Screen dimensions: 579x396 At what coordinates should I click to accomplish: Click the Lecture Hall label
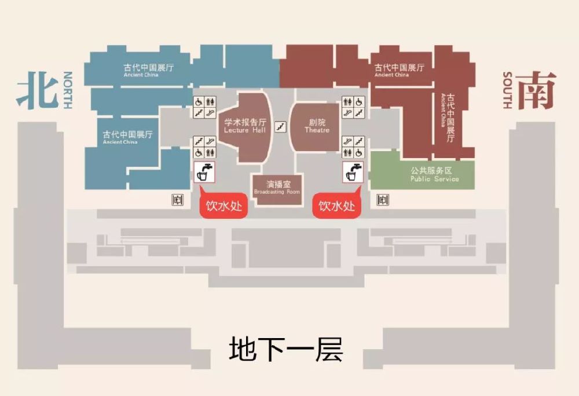pos(245,126)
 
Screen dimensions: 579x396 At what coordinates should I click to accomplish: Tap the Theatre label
pos(317,126)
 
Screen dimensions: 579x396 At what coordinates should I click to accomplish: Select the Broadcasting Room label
pos(277,188)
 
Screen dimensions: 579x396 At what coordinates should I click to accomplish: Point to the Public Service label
pos(434,175)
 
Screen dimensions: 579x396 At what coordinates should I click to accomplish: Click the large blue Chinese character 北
pos(37,90)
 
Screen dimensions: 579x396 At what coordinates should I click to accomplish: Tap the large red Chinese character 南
pos(536,90)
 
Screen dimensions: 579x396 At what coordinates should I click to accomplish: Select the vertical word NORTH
pos(68,90)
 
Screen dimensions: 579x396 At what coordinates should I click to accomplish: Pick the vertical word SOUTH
pos(507,90)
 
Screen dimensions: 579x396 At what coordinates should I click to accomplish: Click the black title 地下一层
pos(286,349)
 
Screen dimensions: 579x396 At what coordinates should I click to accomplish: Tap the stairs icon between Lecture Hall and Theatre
pos(281,127)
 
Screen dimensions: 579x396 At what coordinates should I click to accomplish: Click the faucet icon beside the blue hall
pos(204,172)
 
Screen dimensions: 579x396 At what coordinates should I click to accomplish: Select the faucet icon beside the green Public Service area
pos(353,172)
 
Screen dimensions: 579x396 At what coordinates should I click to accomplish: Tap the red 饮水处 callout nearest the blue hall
pos(223,204)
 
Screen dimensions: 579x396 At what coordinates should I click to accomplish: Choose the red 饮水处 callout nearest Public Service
pos(336,204)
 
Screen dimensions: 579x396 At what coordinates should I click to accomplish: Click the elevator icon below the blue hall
pos(178,200)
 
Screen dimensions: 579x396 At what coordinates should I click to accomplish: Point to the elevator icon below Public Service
pos(382,200)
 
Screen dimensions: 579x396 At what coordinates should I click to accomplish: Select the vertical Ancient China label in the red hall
pos(448,118)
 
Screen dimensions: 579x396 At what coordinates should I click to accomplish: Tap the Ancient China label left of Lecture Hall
pos(127,137)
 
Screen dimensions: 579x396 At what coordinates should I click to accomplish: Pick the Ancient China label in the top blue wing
pos(148,70)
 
